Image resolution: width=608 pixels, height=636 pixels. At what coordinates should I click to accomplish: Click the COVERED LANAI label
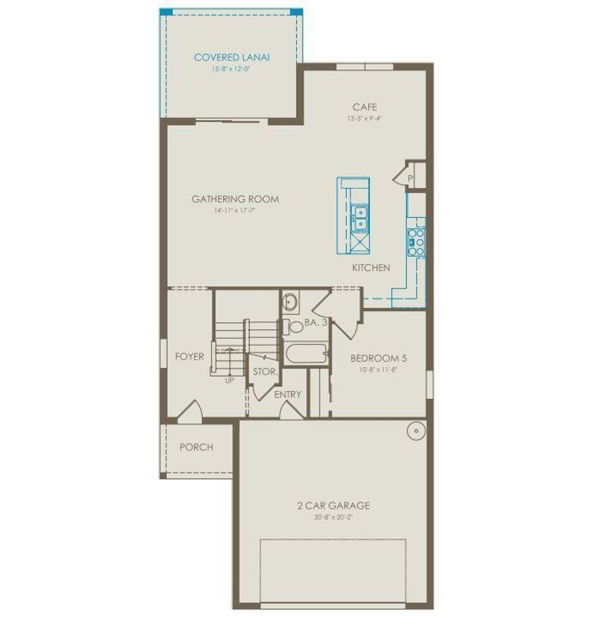click(232, 58)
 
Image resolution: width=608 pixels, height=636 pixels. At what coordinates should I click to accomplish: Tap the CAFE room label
click(365, 107)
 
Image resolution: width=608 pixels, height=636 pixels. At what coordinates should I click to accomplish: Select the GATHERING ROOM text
click(235, 199)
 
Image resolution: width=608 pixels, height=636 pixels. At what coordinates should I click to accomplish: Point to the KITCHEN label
click(371, 268)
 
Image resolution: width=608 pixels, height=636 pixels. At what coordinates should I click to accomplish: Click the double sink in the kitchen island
click(360, 218)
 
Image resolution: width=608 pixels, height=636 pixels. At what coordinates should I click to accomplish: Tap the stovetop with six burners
click(416, 242)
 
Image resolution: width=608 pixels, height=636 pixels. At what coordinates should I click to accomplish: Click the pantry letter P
click(410, 178)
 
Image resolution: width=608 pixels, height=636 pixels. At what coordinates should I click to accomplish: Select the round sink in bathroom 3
click(290, 303)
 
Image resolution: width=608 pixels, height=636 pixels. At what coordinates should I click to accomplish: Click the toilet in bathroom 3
click(294, 326)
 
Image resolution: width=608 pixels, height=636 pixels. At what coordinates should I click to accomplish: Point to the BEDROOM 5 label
click(378, 358)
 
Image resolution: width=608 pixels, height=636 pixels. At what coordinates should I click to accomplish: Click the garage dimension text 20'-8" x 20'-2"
click(333, 517)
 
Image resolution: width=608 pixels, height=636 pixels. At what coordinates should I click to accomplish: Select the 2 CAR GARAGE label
click(333, 506)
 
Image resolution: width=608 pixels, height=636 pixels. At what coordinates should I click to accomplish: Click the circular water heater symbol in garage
click(416, 430)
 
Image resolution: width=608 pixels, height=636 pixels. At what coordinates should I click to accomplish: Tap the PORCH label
click(196, 447)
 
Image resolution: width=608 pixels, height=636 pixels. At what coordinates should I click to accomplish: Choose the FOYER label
click(189, 357)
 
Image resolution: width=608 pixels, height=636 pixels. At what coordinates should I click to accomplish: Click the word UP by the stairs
click(229, 380)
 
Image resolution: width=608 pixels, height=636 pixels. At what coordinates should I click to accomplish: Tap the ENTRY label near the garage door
click(287, 395)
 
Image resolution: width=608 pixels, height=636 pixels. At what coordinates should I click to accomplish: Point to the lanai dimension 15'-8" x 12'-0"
click(232, 69)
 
